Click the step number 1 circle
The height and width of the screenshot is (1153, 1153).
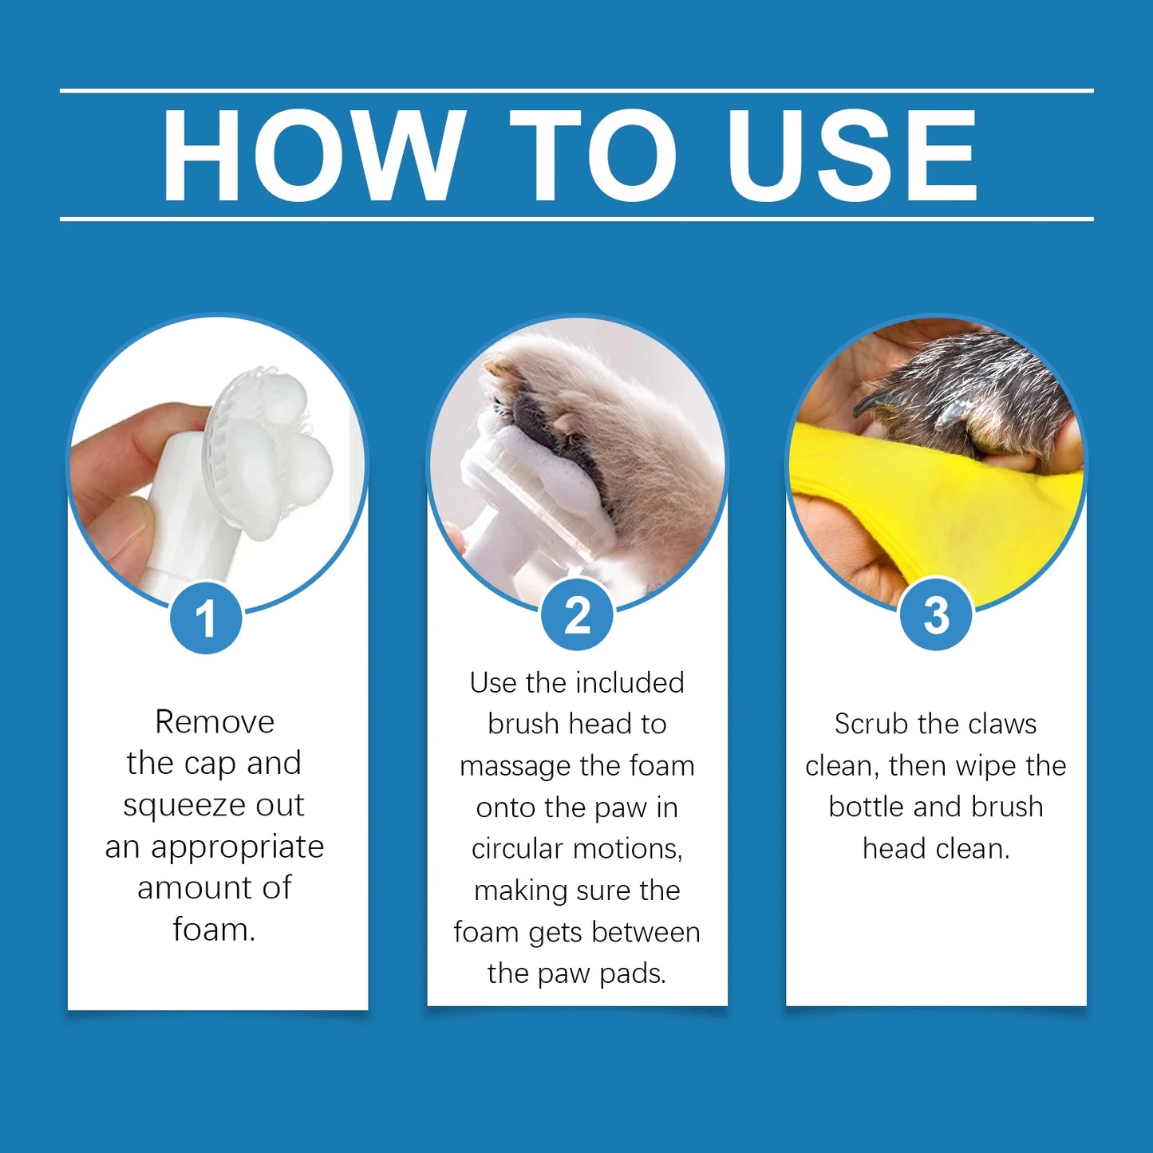pyautogui.click(x=206, y=618)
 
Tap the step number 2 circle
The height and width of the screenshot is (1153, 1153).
pyautogui.click(x=577, y=615)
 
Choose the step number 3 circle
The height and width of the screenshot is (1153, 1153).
pyautogui.click(x=936, y=615)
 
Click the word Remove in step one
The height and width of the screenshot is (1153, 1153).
pyautogui.click(x=215, y=722)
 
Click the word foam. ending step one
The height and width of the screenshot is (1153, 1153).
pyautogui.click(x=214, y=930)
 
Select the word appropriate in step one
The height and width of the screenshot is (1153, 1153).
pyautogui.click(x=237, y=847)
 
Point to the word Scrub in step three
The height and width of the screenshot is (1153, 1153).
pyautogui.click(x=871, y=725)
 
